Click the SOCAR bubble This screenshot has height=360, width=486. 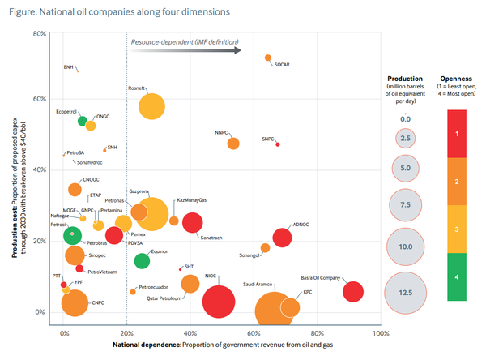(x=268, y=58)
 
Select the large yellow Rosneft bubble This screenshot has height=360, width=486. (x=151, y=106)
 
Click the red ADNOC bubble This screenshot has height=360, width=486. (x=282, y=238)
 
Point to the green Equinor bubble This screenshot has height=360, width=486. (x=142, y=260)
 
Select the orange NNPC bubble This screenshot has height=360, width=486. (x=233, y=144)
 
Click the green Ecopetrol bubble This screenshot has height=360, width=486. (x=82, y=121)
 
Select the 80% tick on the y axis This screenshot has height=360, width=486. (x=38, y=33)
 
